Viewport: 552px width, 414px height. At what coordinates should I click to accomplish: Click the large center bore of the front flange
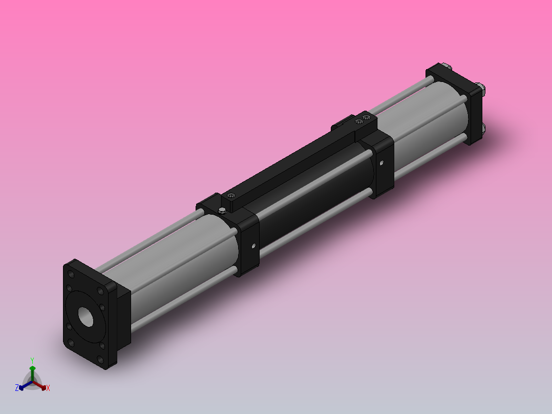(86, 317)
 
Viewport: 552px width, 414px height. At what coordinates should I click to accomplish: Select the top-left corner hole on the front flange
(70, 275)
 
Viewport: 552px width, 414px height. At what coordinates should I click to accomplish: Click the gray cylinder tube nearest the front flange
(179, 266)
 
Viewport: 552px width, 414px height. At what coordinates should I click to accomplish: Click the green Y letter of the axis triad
(32, 360)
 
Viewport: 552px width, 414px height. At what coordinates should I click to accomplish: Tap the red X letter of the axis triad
(48, 388)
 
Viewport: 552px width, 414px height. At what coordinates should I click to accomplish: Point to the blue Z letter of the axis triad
(17, 388)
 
